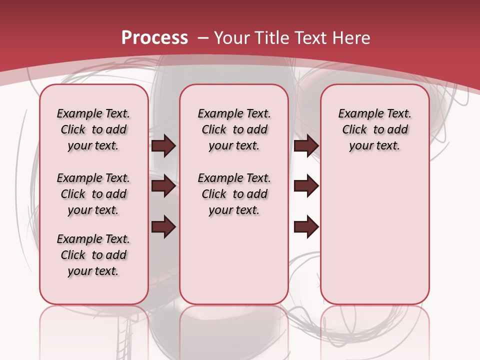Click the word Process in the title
tap(154, 37)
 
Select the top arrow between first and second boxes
tap(163, 146)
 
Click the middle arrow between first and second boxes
tap(163, 186)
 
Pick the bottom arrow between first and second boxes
tap(163, 227)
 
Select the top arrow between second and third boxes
tap(306, 146)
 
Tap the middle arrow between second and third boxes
tap(306, 186)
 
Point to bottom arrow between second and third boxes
tap(306, 227)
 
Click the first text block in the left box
tap(93, 129)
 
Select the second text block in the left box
tap(93, 194)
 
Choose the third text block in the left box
tap(93, 255)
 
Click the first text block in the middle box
tap(234, 129)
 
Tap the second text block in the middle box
tap(234, 194)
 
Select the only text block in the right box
tap(374, 129)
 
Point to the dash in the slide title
tap(203, 37)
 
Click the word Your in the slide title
tap(232, 37)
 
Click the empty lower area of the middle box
tap(234, 260)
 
